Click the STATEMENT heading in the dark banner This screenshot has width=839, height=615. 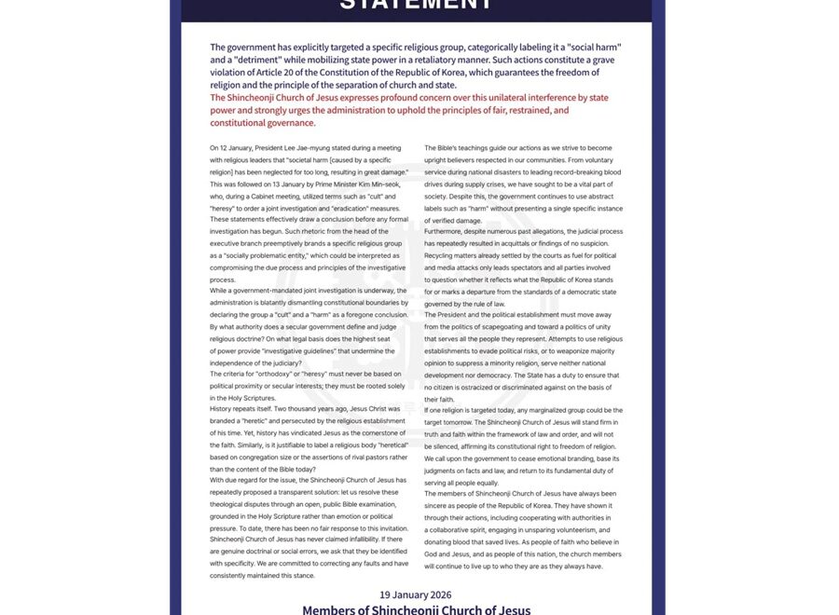tap(416, 5)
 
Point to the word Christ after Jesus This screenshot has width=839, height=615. tap(383, 409)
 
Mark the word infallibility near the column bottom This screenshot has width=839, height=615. tap(357, 540)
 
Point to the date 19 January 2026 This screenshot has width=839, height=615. tap(416, 594)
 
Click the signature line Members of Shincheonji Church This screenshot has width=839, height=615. tap(416, 610)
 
